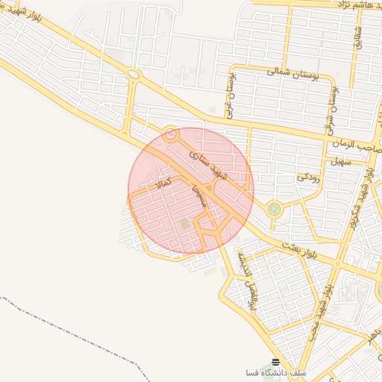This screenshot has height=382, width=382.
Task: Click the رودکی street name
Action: (308, 177)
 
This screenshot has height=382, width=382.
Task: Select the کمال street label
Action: (163, 181)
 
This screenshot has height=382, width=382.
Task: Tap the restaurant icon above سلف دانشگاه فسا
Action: (275, 361)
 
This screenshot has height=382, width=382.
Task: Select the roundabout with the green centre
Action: (274, 209)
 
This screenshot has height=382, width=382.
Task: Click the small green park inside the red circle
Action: (184, 223)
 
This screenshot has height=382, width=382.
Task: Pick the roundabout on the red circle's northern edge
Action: (171, 135)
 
